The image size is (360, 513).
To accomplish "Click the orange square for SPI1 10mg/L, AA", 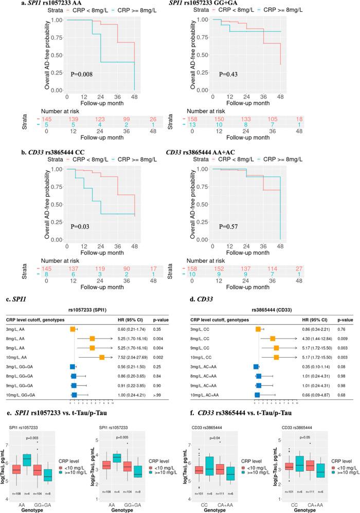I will (x=102, y=357).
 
